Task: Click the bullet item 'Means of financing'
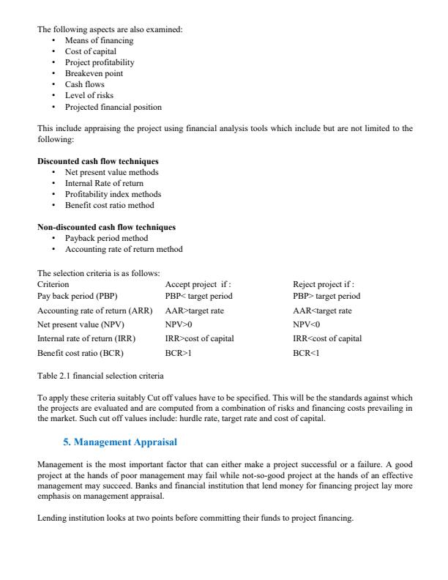(x=99, y=40)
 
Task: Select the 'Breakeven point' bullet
(x=94, y=73)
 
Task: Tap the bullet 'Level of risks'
(x=89, y=95)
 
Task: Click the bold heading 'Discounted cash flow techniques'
(x=98, y=161)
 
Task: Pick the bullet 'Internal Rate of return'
(x=104, y=183)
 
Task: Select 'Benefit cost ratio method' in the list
(x=109, y=205)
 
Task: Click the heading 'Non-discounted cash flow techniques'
(x=106, y=227)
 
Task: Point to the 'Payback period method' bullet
(x=106, y=238)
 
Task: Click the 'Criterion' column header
(x=53, y=283)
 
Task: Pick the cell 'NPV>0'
(x=179, y=324)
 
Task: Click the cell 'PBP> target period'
(x=326, y=296)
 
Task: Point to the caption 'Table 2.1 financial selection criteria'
(x=100, y=375)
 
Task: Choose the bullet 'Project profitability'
(x=100, y=62)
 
